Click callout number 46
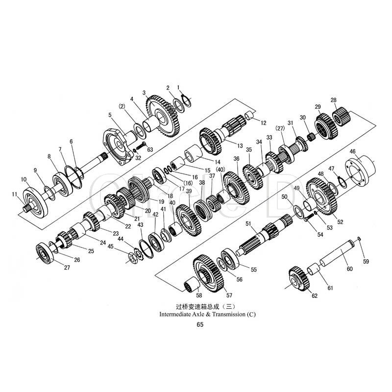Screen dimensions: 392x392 [352, 151]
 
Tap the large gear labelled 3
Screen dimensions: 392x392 [163, 116]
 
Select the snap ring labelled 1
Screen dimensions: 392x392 [187, 100]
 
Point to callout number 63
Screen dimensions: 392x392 [150, 150]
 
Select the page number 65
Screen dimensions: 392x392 [200, 325]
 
